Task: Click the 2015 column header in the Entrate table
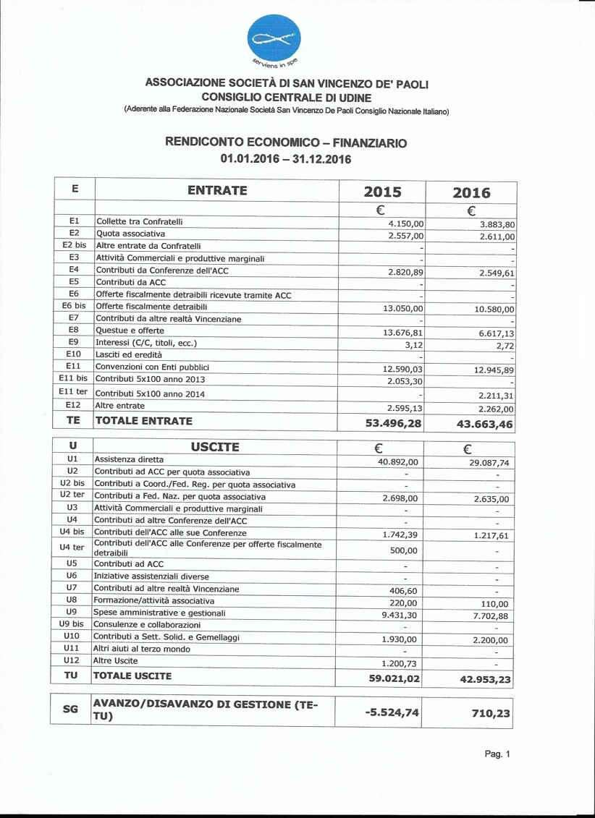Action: (x=382, y=192)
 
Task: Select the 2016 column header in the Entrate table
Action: (x=471, y=192)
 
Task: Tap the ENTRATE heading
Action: (x=217, y=191)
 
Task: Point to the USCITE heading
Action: (x=215, y=447)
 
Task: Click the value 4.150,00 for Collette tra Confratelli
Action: (x=406, y=224)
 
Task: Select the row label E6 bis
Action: (x=75, y=306)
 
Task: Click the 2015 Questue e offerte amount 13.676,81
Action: (x=402, y=333)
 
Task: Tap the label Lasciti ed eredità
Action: (x=129, y=355)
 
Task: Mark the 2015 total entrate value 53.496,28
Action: (x=393, y=423)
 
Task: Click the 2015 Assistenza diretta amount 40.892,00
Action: (x=398, y=461)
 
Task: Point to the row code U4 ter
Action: (x=72, y=547)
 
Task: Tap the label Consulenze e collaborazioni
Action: (x=147, y=624)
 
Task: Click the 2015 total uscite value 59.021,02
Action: (x=394, y=678)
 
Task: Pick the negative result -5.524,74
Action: (x=392, y=712)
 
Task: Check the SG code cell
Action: (x=71, y=710)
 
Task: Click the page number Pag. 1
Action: (x=497, y=754)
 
